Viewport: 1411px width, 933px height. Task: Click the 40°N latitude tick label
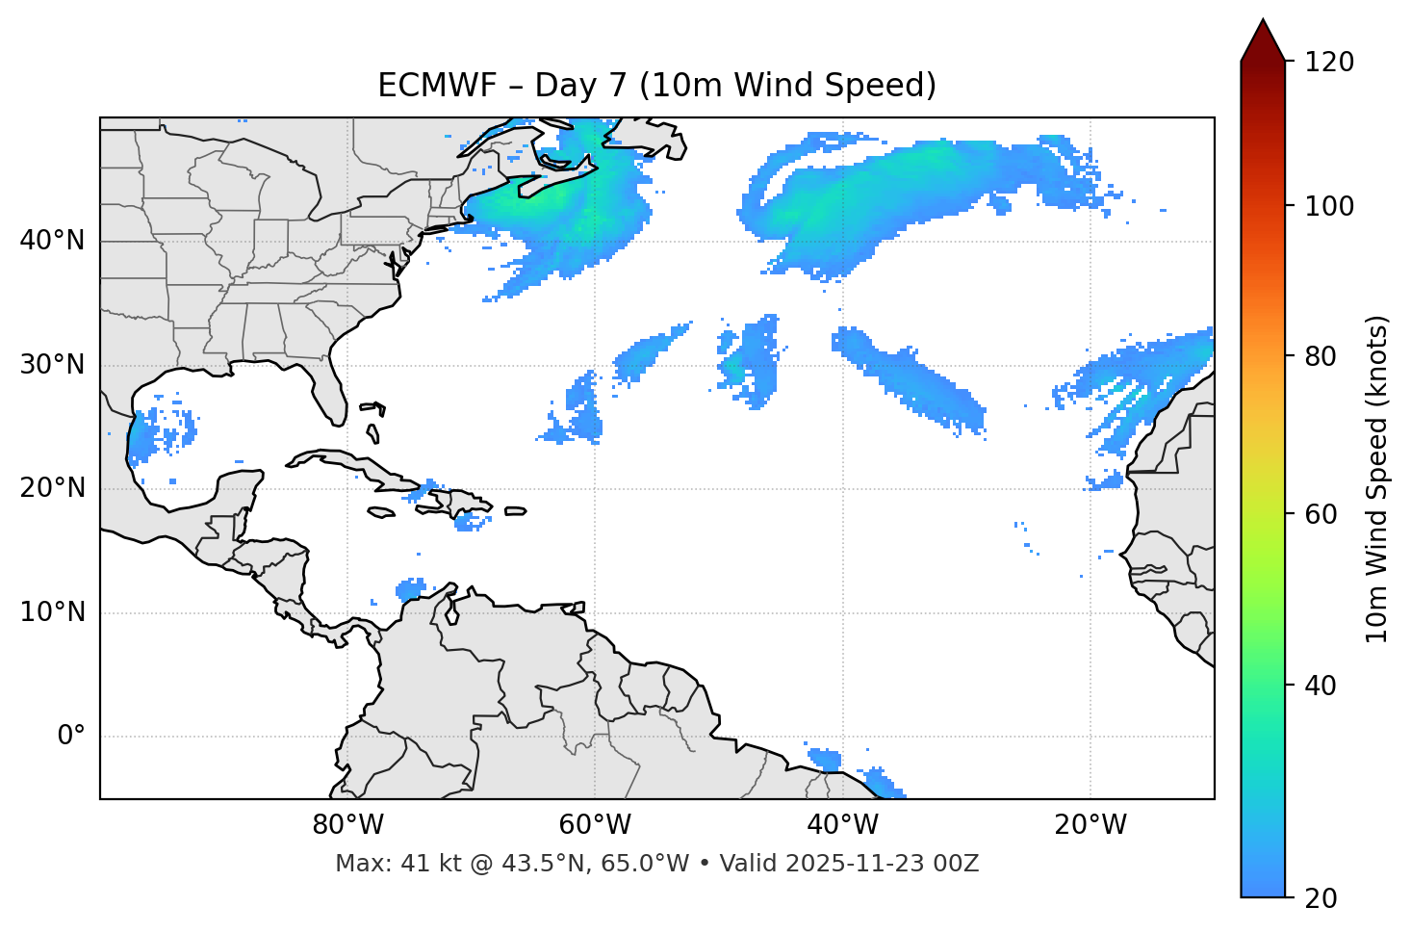52,241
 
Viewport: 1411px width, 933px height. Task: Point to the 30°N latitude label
52,365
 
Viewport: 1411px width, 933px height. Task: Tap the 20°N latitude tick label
52,488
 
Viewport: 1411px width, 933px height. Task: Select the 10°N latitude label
52,612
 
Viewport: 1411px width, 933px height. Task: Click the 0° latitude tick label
71,737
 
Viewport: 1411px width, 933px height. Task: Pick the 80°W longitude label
347,825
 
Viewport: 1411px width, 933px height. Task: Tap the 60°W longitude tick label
595,825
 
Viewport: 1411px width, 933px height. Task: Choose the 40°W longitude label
842,825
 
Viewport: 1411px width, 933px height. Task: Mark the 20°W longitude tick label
1090,825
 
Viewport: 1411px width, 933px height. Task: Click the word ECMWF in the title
436,86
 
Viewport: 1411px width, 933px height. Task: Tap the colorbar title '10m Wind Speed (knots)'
1377,479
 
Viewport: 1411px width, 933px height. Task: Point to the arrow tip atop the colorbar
1263,21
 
